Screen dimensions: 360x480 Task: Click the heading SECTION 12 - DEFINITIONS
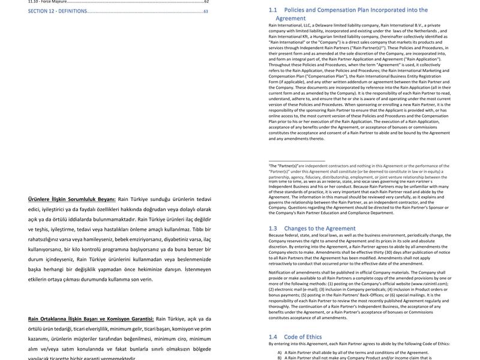[x=58, y=11]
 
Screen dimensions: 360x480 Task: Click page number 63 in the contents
[x=206, y=11]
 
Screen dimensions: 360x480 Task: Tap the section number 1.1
[x=273, y=10]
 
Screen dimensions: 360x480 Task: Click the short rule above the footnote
[x=296, y=161]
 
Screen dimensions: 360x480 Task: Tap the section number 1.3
[x=273, y=229]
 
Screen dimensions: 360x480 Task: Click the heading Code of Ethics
[x=303, y=337]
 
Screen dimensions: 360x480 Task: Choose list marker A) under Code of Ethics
[x=280, y=352]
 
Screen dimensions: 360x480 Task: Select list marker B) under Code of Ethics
[x=280, y=358]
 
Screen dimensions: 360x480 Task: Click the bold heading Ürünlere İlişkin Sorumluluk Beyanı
[x=71, y=199]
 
